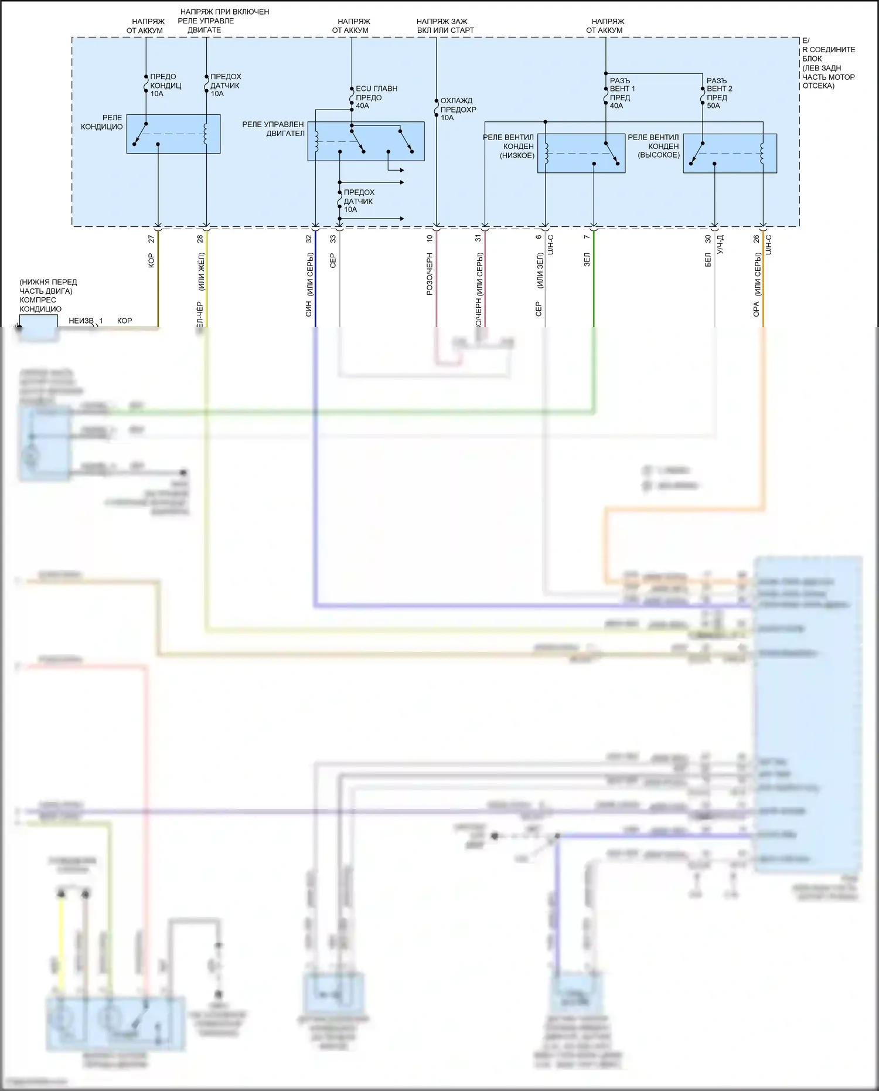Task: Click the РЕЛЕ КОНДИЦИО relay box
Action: coord(173,134)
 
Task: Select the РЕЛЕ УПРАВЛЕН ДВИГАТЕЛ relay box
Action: coord(366,141)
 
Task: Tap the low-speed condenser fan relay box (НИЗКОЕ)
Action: coord(581,153)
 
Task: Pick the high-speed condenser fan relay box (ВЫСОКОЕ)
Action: coord(730,153)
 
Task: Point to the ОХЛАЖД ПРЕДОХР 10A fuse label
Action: coord(458,109)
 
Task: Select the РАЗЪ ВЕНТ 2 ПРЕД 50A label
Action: coord(719,93)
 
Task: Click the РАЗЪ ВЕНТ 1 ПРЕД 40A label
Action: coord(622,93)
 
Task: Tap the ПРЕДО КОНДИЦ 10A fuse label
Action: coord(165,85)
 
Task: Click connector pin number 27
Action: coord(151,239)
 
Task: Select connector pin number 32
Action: coord(309,239)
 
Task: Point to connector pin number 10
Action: coord(430,239)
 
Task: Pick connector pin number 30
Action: coord(708,239)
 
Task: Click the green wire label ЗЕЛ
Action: coord(587,260)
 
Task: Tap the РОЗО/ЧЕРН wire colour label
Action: coord(430,274)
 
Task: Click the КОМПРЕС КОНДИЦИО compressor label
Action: coord(40,304)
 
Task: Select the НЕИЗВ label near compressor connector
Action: coord(80,321)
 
